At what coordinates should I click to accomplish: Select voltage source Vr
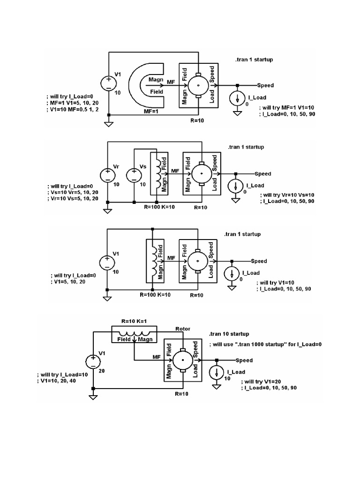[x=108, y=176]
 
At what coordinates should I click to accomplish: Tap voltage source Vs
[x=134, y=176]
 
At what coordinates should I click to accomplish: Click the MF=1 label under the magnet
[x=151, y=112]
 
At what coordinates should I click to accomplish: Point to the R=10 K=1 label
[x=134, y=321]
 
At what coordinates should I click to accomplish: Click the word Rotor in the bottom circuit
[x=183, y=329]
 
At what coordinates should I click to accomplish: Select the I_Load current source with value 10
[x=217, y=373]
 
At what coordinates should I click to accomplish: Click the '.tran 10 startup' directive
[x=229, y=334]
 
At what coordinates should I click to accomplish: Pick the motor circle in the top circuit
[x=198, y=85]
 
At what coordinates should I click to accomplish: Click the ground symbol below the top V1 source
[x=109, y=124]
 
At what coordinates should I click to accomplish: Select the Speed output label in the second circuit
[x=263, y=174]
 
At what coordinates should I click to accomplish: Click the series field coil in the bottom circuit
[x=134, y=333]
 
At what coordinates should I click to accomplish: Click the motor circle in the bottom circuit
[x=183, y=360]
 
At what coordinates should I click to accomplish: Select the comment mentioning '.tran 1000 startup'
[x=265, y=345]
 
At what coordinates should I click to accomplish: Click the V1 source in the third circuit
[x=107, y=263]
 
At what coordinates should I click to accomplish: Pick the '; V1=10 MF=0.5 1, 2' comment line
[x=73, y=109]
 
